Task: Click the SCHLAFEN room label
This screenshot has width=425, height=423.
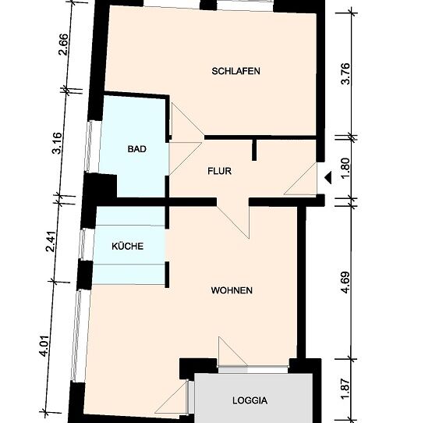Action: (x=236, y=71)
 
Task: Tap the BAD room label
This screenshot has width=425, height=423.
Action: (x=137, y=149)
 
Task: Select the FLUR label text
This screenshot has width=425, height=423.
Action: (x=220, y=171)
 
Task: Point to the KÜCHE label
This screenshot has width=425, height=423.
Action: (x=127, y=246)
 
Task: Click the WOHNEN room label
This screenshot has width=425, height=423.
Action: (x=232, y=290)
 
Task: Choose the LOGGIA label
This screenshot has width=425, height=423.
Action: (x=250, y=400)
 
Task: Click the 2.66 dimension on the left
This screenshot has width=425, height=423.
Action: (x=64, y=44)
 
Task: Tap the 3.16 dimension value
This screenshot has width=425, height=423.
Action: (x=58, y=143)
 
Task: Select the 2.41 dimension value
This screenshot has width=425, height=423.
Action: (x=51, y=241)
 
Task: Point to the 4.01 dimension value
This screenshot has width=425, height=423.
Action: (x=44, y=346)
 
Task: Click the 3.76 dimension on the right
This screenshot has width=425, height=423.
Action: (x=345, y=74)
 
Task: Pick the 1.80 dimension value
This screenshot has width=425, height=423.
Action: (x=345, y=169)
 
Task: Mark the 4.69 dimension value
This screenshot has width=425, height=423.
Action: (x=345, y=283)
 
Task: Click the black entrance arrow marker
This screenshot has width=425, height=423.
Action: (x=328, y=178)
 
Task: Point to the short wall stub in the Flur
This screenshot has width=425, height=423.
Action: (x=254, y=150)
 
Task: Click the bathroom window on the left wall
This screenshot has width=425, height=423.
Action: (x=89, y=147)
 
